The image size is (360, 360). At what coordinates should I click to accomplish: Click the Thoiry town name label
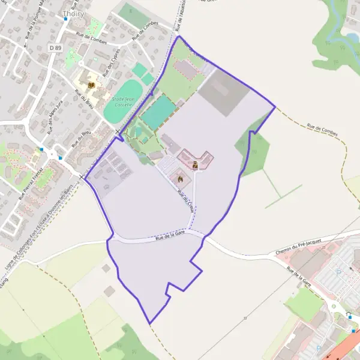pyautogui.click(x=74, y=13)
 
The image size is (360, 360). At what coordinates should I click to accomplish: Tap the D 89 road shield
pyautogui.click(x=56, y=47)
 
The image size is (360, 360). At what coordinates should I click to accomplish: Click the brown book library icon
pyautogui.click(x=91, y=86)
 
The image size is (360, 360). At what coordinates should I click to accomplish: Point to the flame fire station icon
pyautogui.click(x=179, y=177)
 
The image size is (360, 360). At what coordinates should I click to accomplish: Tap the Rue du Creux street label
pyautogui.click(x=187, y=198)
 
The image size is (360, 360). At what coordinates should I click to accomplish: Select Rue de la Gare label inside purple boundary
pyautogui.click(x=169, y=239)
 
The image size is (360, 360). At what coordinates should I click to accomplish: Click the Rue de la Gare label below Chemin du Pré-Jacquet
pyautogui.click(x=299, y=277)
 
